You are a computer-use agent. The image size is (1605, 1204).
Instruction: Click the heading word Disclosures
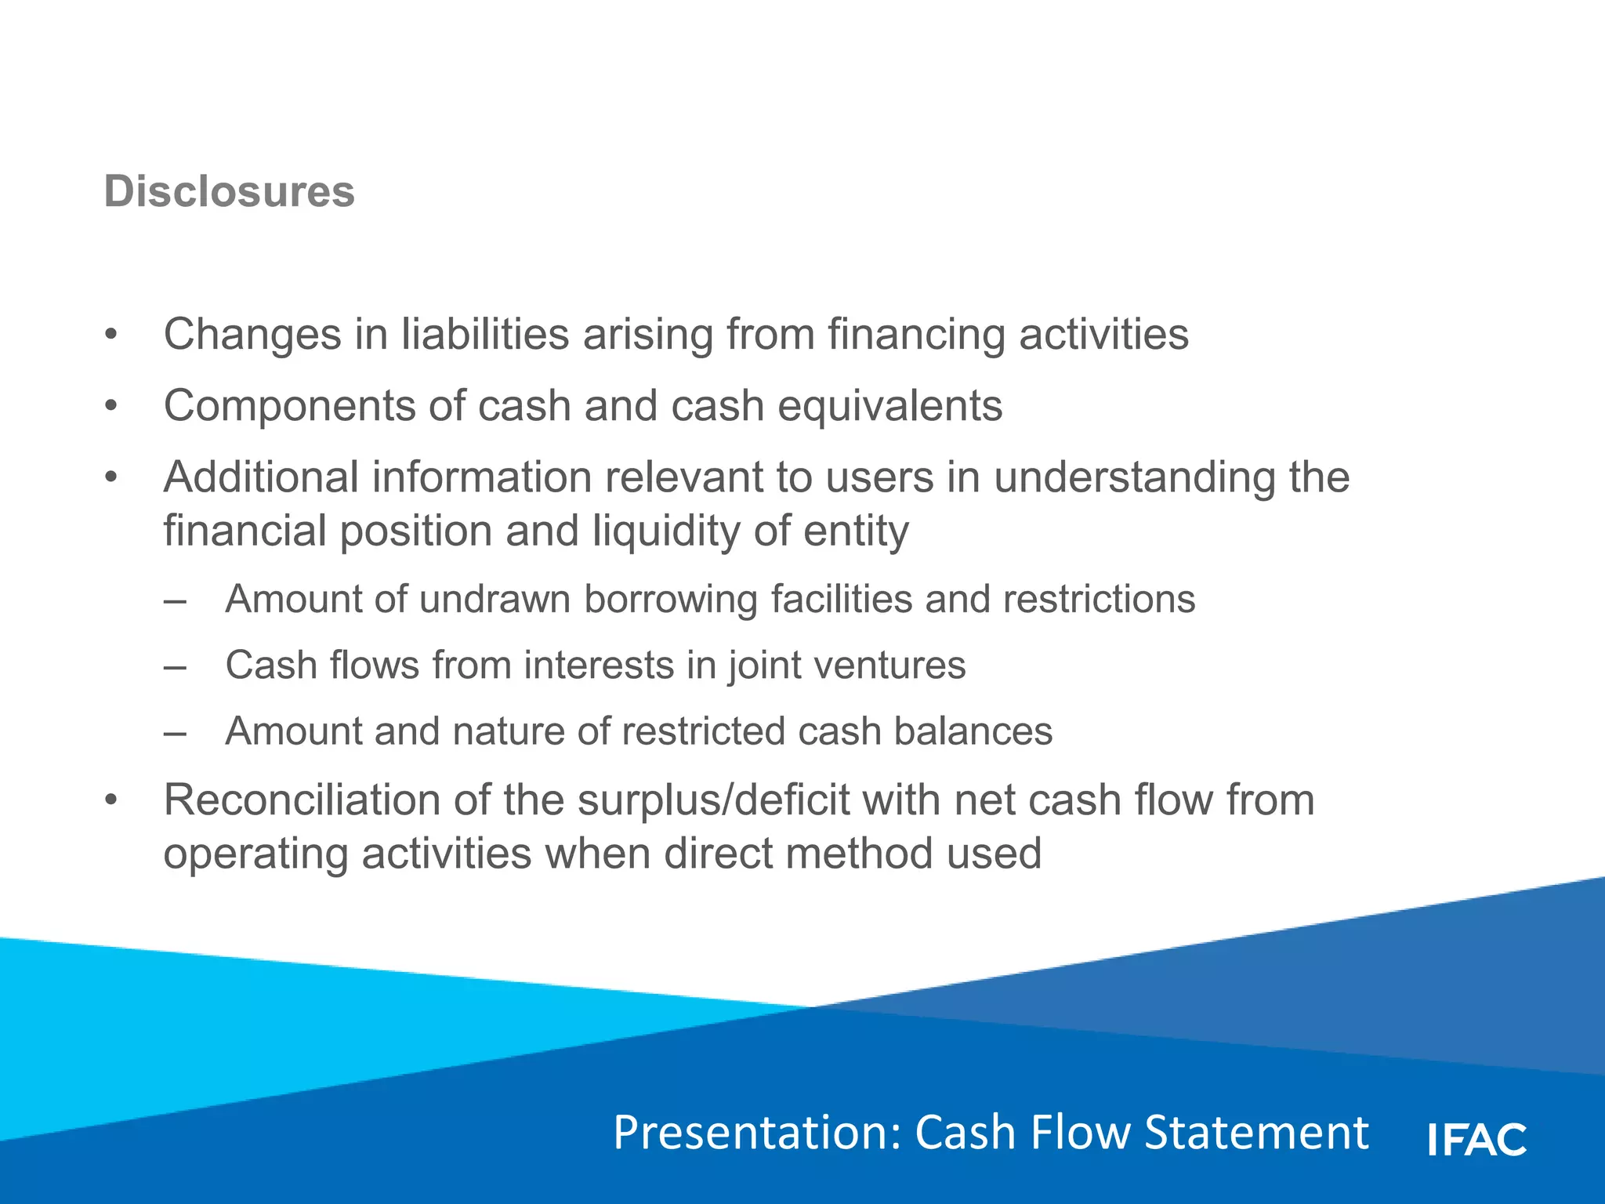tap(229, 192)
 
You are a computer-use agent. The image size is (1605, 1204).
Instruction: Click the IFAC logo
tap(1477, 1139)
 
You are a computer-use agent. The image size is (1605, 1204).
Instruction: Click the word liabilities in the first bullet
tap(485, 335)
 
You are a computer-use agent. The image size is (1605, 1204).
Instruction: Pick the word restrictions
tap(1099, 600)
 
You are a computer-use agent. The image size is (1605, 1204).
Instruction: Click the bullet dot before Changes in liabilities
tap(111, 335)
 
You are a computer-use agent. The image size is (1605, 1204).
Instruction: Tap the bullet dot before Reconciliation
tap(111, 801)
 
